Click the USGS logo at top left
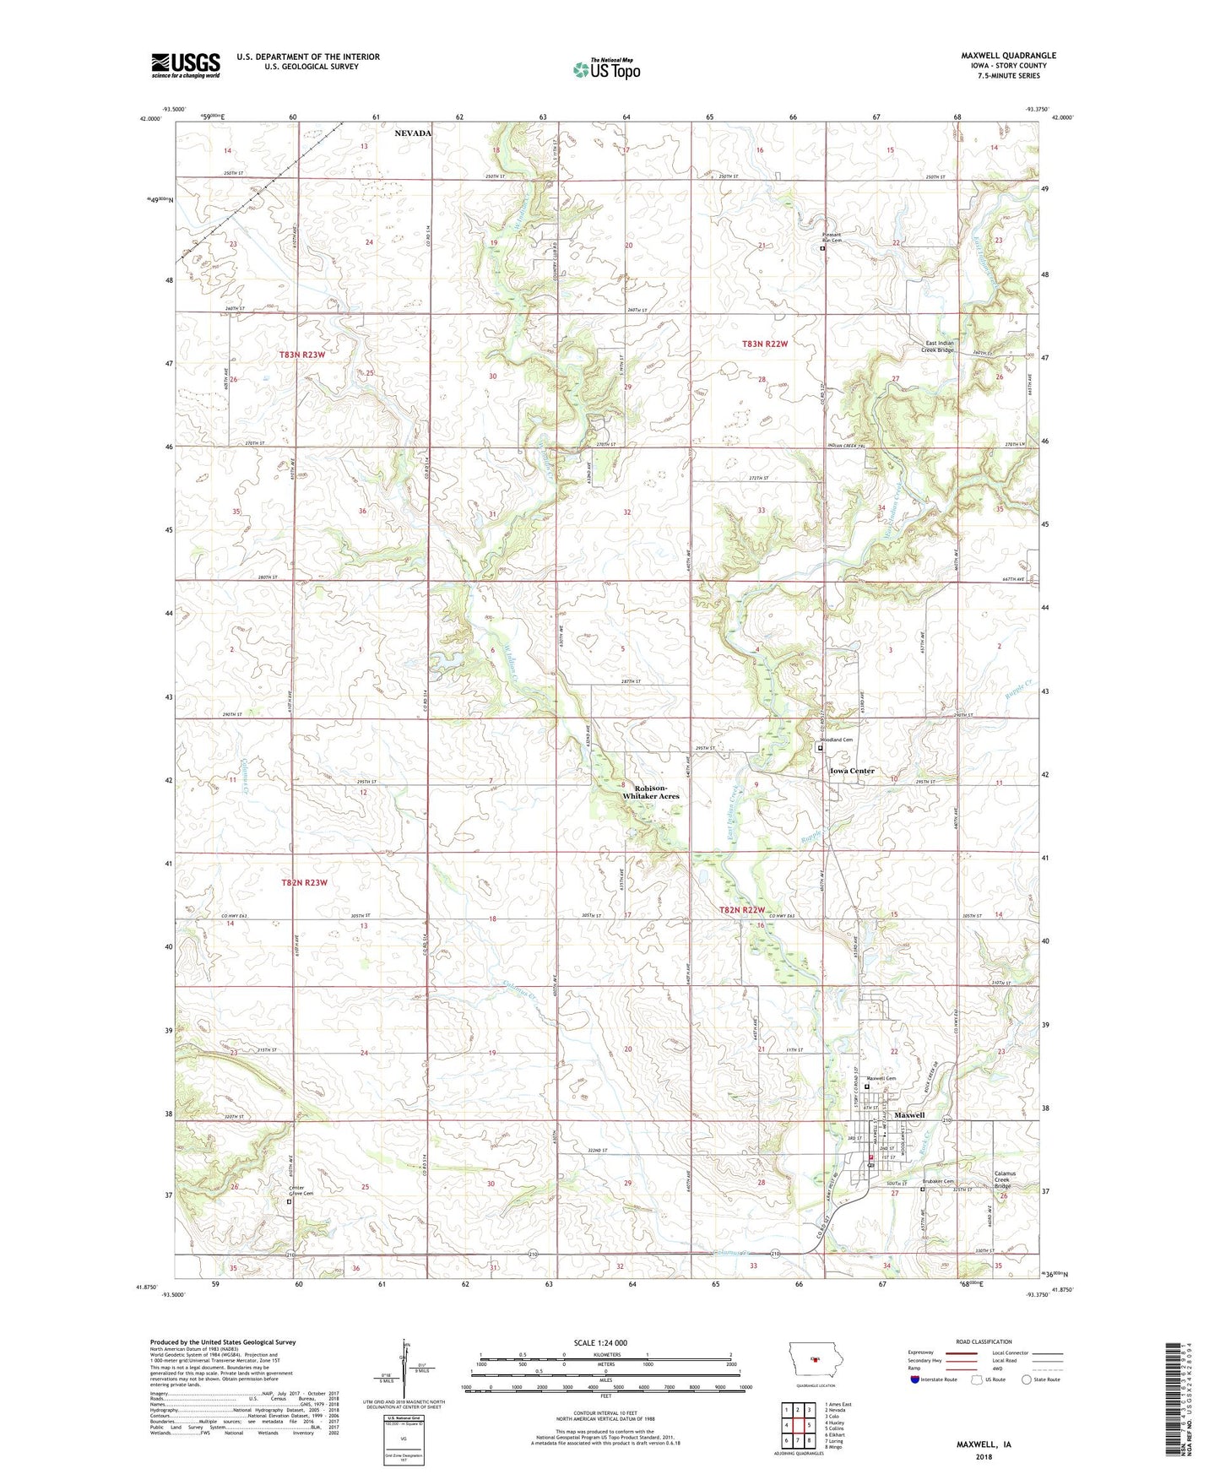(x=186, y=64)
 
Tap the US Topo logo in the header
(x=606, y=69)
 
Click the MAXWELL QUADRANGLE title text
(x=1008, y=56)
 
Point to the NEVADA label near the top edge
(x=413, y=133)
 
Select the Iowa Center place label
(x=851, y=771)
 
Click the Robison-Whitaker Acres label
(x=650, y=791)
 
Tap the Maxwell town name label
(x=909, y=1115)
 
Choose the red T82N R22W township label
(x=741, y=910)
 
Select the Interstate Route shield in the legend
(x=915, y=1379)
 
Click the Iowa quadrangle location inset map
(x=815, y=1359)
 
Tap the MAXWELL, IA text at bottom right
(x=984, y=1444)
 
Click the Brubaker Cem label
(x=937, y=1182)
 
